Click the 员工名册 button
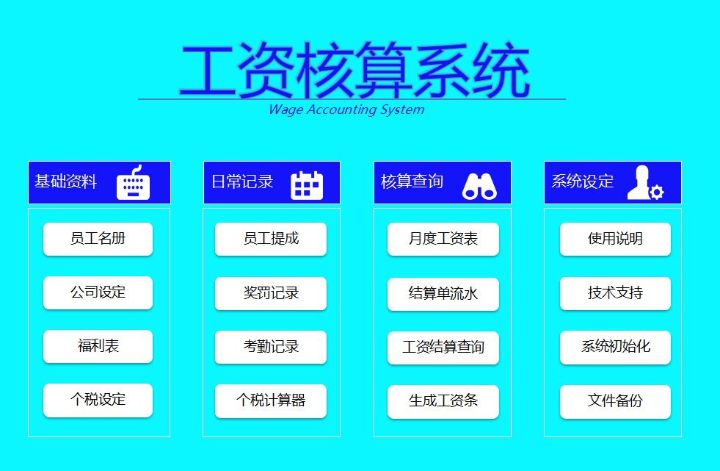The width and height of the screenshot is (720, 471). [x=98, y=239]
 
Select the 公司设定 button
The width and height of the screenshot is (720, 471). [x=98, y=292]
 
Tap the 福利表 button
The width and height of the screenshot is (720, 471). [x=98, y=346]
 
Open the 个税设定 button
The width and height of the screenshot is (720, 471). [x=98, y=400]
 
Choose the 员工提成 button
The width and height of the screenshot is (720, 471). [x=270, y=239]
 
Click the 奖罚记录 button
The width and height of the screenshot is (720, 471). [x=270, y=293]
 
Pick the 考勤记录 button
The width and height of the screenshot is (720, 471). [x=270, y=347]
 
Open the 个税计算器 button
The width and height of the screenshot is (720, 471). [x=270, y=400]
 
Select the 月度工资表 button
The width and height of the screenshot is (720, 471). [x=443, y=239]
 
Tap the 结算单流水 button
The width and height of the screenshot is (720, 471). [x=443, y=293]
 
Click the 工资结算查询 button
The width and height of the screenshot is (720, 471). [x=443, y=348]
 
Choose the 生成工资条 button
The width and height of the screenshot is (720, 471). [x=443, y=401]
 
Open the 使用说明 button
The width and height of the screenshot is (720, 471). [x=615, y=239]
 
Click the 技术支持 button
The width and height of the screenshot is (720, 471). [x=615, y=293]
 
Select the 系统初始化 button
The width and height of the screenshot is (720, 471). [x=615, y=348]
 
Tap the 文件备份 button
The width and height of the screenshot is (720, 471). [x=615, y=401]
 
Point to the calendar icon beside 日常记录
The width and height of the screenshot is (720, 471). [x=307, y=184]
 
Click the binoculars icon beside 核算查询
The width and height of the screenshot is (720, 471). [x=479, y=186]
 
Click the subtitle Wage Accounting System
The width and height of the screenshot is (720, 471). [x=346, y=110]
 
